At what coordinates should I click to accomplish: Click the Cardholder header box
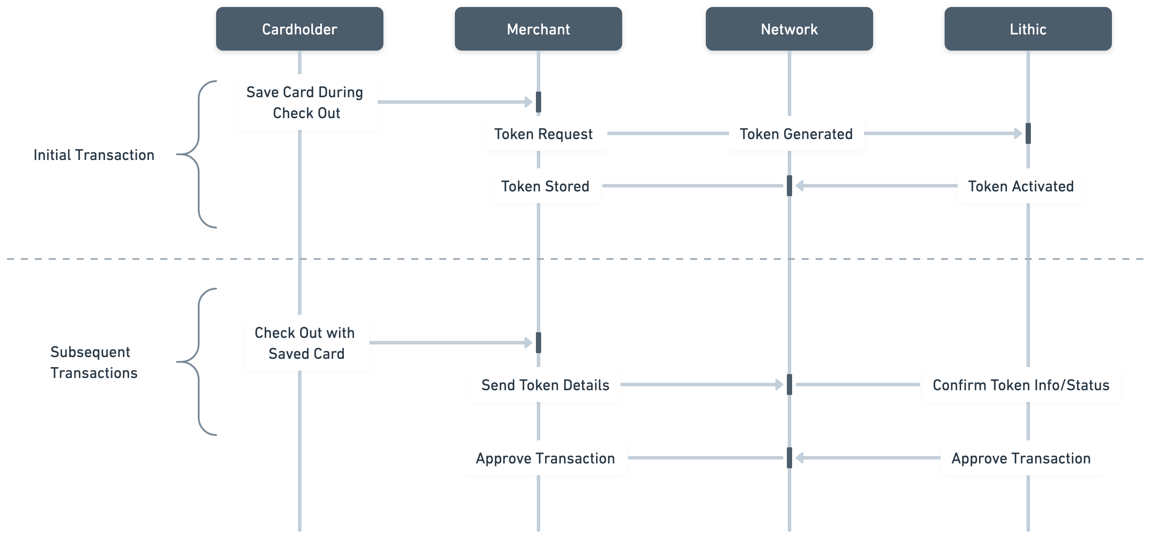(x=299, y=29)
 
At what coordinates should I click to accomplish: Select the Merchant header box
(x=538, y=29)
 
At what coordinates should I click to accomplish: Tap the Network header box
(x=789, y=29)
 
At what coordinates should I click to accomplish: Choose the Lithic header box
(x=1028, y=29)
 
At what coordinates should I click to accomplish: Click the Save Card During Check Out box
(x=306, y=102)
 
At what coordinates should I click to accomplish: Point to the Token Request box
(x=545, y=133)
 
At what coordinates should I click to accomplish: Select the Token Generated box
(x=796, y=133)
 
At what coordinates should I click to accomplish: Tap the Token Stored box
(x=545, y=186)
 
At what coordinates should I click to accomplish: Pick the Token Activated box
(x=1020, y=186)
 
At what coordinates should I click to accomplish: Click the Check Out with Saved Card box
(x=306, y=342)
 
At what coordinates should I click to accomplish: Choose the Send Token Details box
(x=545, y=385)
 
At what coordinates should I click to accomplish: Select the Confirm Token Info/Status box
(x=1020, y=385)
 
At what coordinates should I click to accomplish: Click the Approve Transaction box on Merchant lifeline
(x=545, y=458)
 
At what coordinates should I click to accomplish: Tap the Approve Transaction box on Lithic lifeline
(x=1020, y=458)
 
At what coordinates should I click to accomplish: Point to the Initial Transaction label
(x=94, y=155)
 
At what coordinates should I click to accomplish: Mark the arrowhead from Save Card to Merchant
(x=529, y=102)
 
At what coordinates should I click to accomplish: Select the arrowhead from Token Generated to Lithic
(x=1018, y=133)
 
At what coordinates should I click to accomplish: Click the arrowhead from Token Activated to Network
(x=800, y=186)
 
